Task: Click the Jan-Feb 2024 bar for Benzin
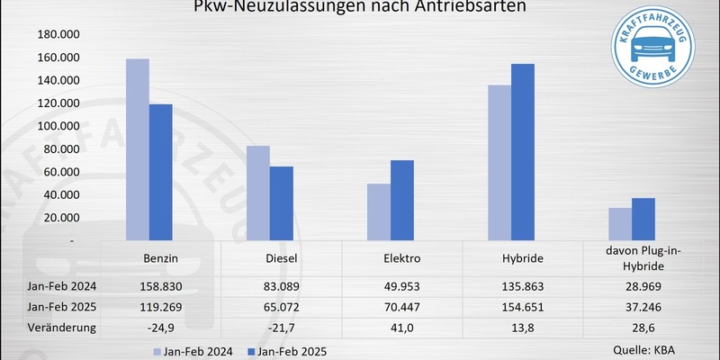point(137,149)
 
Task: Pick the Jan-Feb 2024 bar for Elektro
point(378,212)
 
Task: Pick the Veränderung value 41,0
point(401,327)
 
